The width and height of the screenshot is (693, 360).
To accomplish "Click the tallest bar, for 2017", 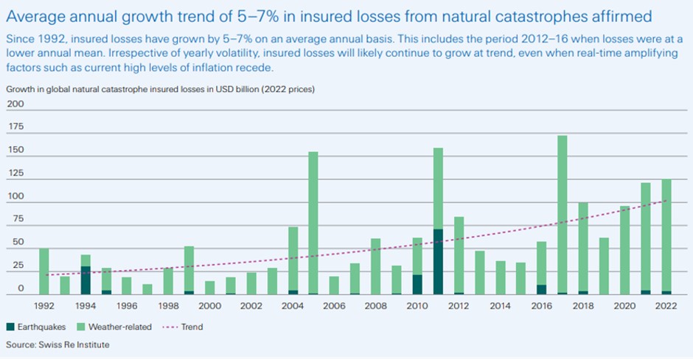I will click(x=563, y=214).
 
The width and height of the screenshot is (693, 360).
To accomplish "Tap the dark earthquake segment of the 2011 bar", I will click(x=438, y=262).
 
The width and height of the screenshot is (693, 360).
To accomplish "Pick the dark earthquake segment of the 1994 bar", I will click(x=86, y=280).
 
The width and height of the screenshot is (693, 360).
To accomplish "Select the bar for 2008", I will click(x=375, y=266).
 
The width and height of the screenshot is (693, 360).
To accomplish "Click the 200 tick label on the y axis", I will click(x=15, y=104).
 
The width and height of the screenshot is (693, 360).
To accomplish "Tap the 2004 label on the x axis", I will click(x=293, y=305).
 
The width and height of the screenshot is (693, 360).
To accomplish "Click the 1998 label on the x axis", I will click(x=168, y=305).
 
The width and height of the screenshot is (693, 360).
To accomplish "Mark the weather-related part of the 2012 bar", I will click(x=459, y=255).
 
